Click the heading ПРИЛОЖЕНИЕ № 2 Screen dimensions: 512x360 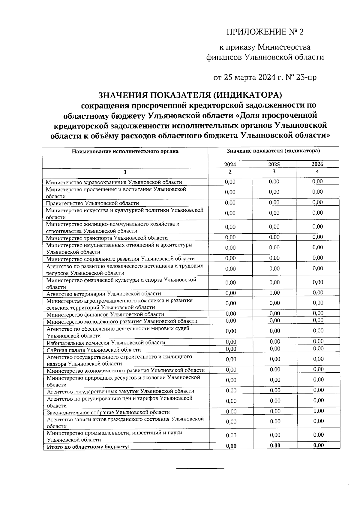[x=265, y=32]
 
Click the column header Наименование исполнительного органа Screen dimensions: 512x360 [x=125, y=151]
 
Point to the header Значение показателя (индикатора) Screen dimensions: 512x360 [x=273, y=151]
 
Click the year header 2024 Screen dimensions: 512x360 [x=230, y=165]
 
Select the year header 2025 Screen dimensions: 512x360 [x=274, y=165]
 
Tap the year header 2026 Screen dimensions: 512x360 [x=317, y=164]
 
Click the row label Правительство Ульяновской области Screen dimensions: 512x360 [x=92, y=203]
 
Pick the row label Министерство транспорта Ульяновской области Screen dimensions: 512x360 [x=107, y=238]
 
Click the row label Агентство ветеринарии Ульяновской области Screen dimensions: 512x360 [x=104, y=294]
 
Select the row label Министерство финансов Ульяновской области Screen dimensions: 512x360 [x=105, y=314]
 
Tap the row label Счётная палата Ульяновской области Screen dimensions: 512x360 [x=94, y=350]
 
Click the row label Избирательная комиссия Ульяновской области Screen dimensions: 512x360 [x=106, y=343]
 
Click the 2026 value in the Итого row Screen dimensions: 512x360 [x=319, y=445]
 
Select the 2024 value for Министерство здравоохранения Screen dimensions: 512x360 [x=230, y=182]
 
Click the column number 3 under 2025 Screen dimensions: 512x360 [x=274, y=171]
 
